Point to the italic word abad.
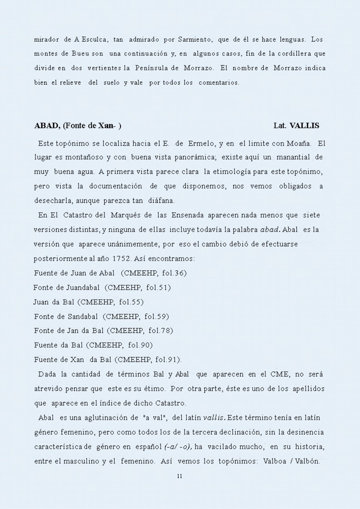coord(270,230)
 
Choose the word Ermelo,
coord(201,144)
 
